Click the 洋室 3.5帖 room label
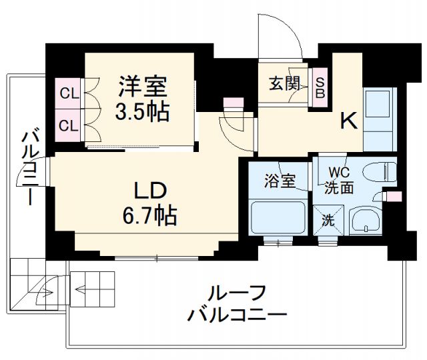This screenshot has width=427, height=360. pyautogui.click(x=143, y=98)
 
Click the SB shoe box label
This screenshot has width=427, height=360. pyautogui.click(x=320, y=87)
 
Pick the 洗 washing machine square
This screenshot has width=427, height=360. pyautogui.click(x=328, y=219)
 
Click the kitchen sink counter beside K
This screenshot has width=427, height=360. pyautogui.click(x=380, y=113)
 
